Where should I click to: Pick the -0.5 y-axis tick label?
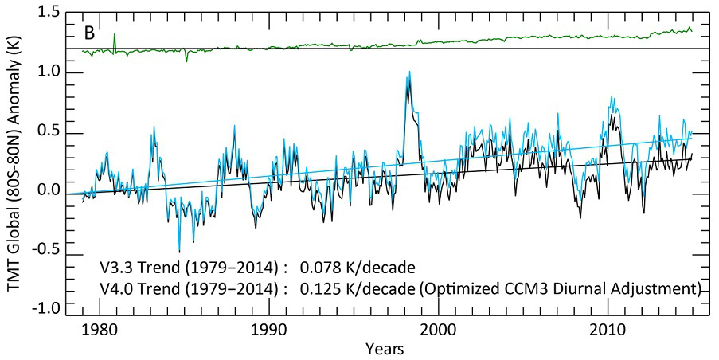point(45,249)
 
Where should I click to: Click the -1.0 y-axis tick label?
point(45,308)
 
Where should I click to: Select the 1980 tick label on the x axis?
point(96,328)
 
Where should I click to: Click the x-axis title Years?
point(384,348)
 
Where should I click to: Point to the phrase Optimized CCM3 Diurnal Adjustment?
point(558,287)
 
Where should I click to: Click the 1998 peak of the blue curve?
point(409,72)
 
